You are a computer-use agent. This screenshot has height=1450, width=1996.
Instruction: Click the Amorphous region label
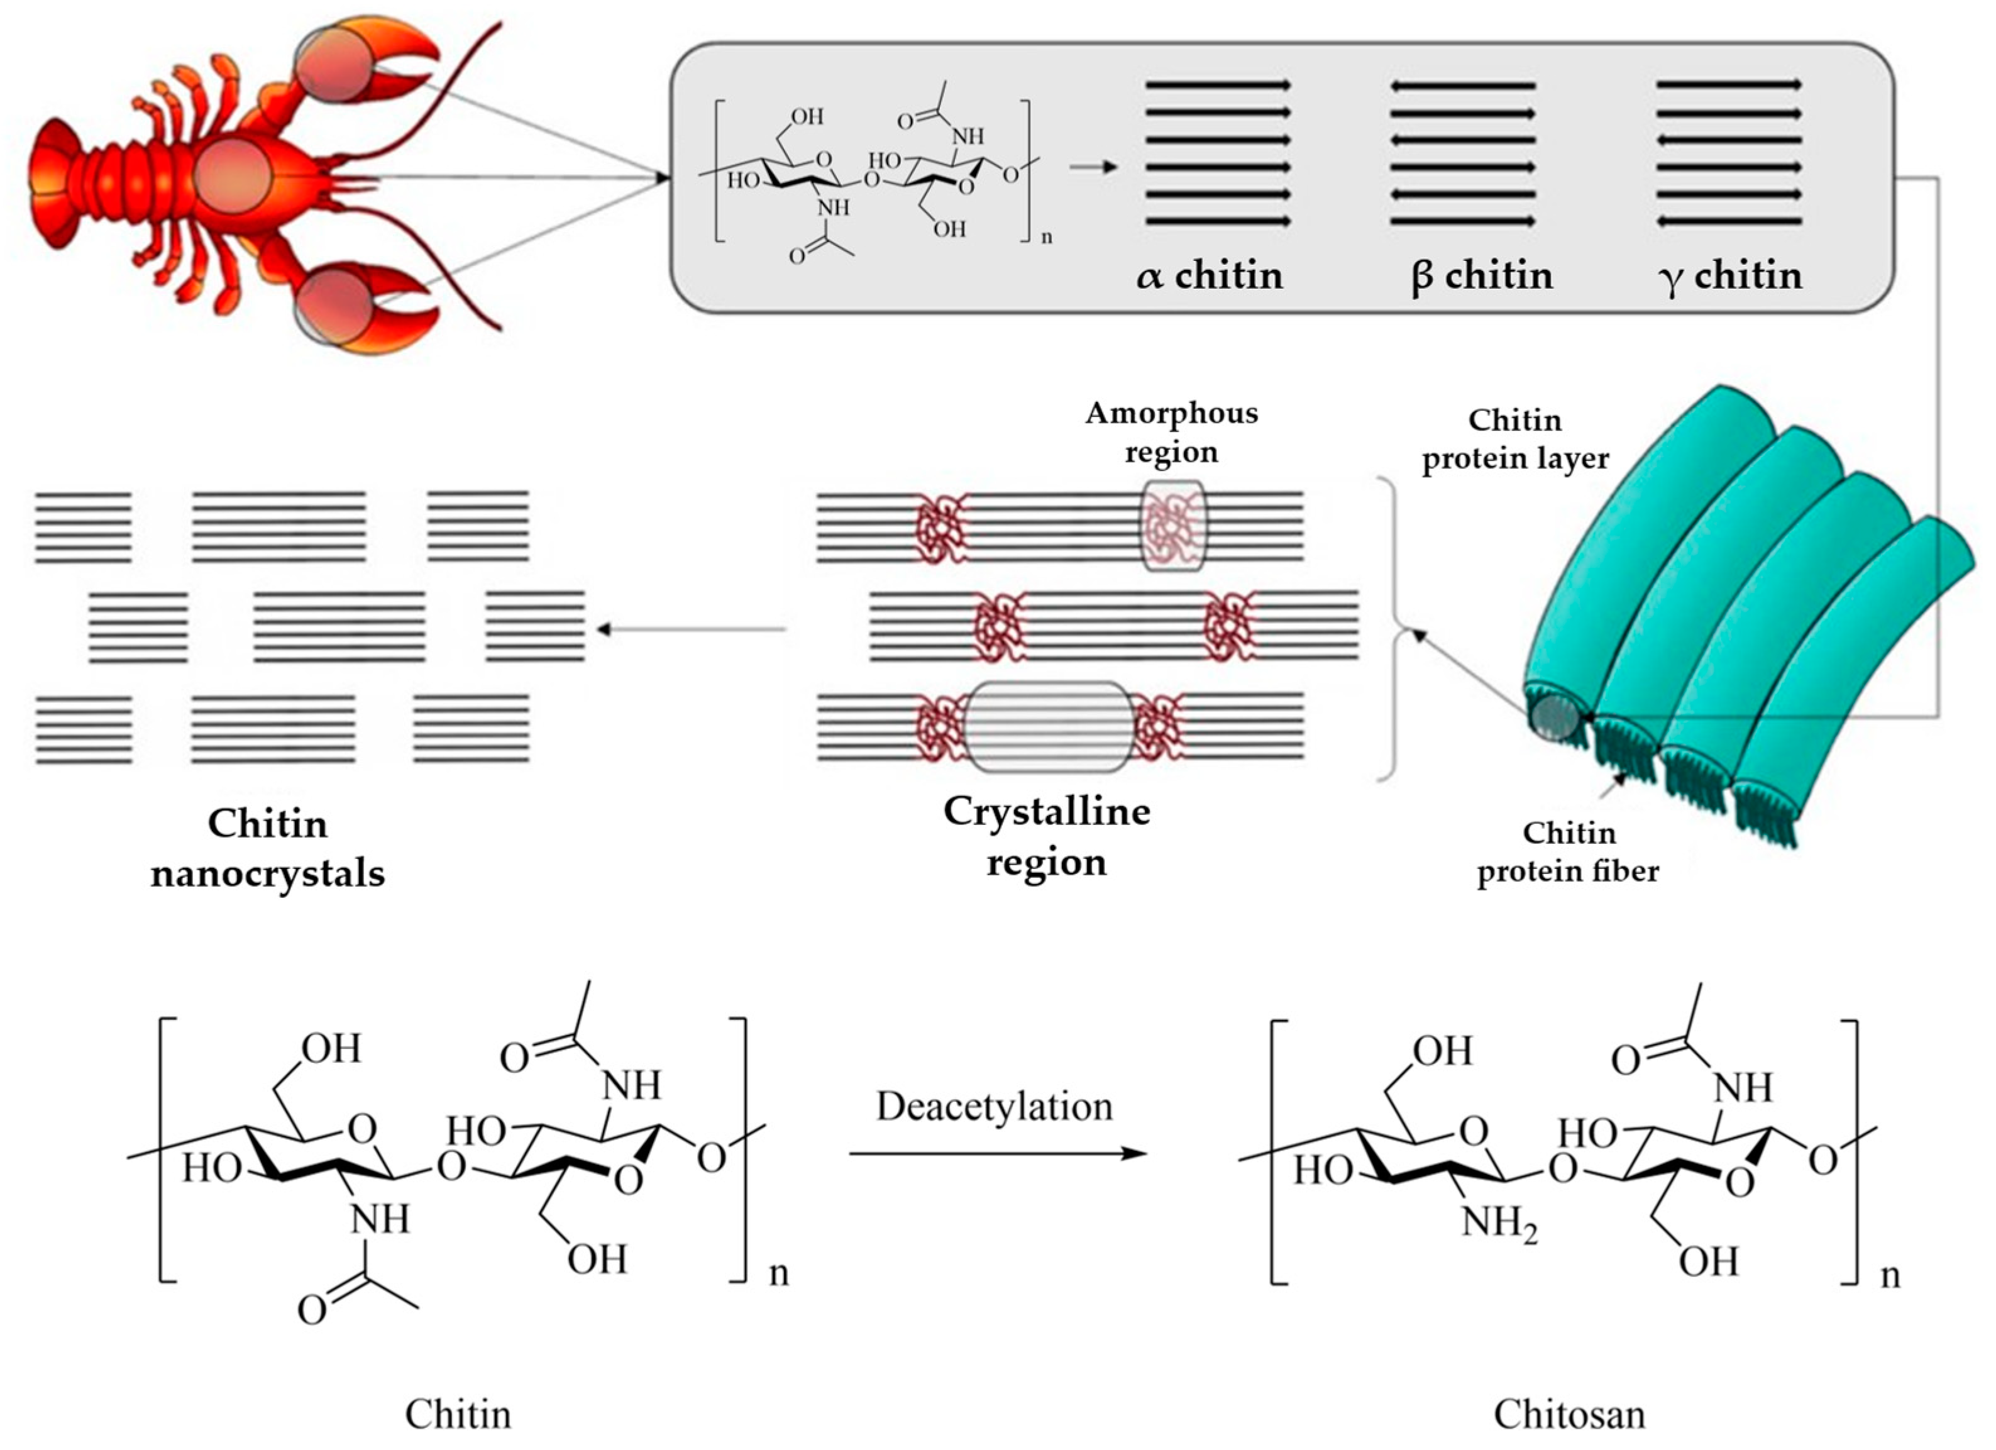[x=1171, y=432]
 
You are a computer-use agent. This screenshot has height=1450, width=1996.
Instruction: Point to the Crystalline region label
[x=1046, y=836]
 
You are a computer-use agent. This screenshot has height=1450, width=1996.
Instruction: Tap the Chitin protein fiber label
[x=1569, y=852]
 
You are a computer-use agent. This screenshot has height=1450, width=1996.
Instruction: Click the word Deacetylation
[x=995, y=1107]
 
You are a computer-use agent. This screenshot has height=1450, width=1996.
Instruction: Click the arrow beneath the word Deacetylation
[x=999, y=1153]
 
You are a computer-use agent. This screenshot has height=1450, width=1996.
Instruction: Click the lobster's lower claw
[x=370, y=308]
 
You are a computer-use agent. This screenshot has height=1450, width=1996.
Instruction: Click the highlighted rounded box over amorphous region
[x=1174, y=526]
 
